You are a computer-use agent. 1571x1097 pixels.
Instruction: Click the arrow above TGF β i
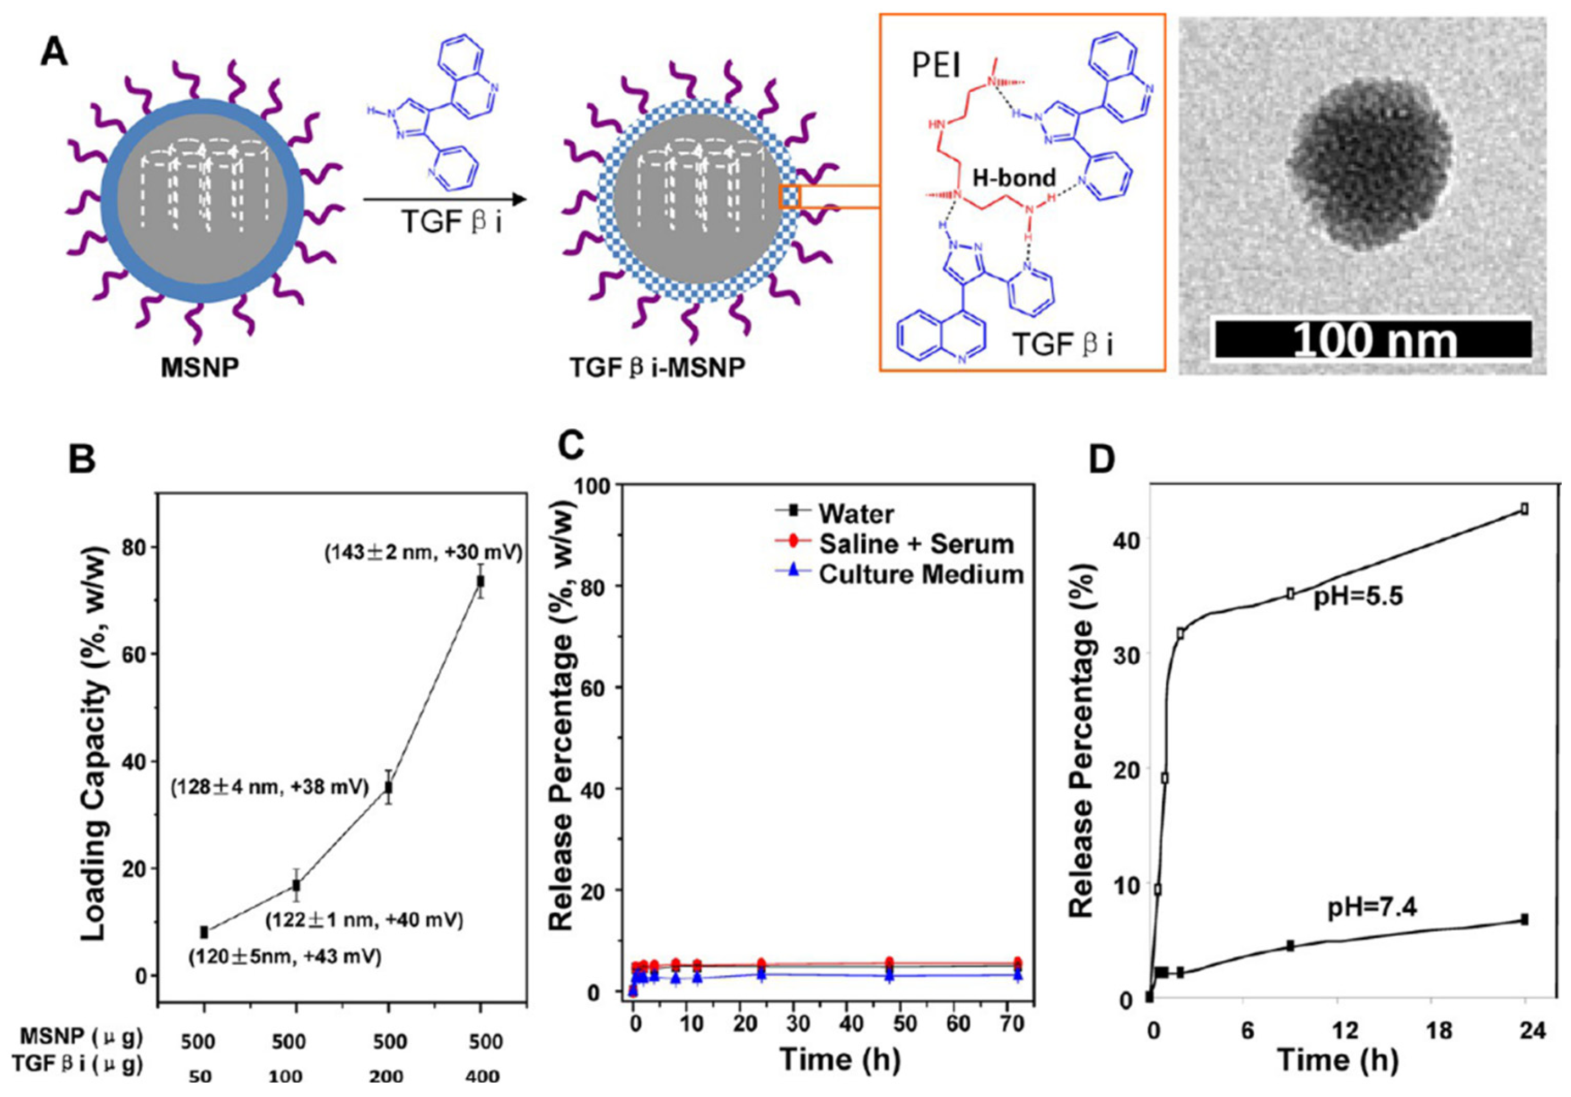(445, 200)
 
